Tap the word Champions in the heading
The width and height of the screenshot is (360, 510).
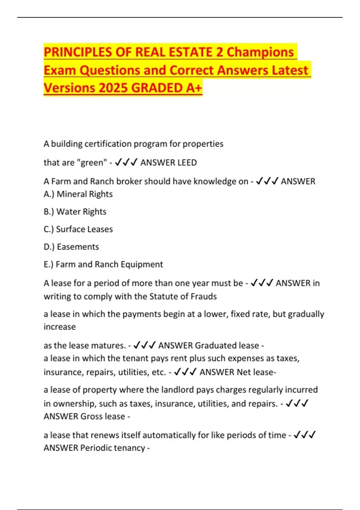click(260, 52)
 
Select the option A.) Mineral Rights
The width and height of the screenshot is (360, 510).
click(78, 194)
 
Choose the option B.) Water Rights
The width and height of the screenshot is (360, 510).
click(75, 212)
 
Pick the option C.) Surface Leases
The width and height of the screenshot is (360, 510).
click(78, 229)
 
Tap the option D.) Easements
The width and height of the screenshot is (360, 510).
click(71, 247)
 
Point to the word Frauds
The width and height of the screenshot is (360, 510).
click(204, 296)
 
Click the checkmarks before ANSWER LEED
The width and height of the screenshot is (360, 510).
click(126, 163)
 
